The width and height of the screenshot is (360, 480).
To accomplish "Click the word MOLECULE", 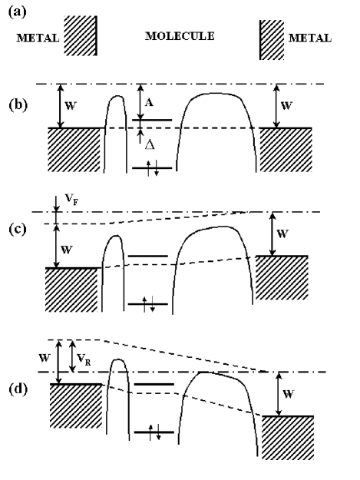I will [x=180, y=35].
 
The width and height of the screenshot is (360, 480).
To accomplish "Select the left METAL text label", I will [x=37, y=37].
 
